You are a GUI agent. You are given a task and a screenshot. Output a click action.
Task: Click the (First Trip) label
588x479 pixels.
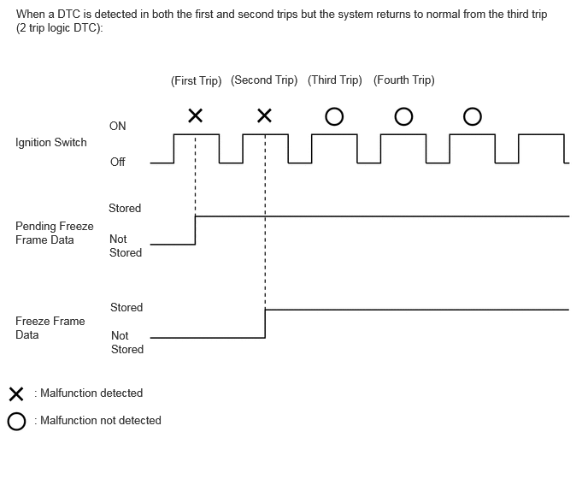196,80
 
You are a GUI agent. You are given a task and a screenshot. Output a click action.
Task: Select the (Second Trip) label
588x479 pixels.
264,80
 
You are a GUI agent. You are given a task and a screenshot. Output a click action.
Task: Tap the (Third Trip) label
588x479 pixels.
334,80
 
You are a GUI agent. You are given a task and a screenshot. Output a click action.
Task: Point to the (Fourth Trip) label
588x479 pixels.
404,80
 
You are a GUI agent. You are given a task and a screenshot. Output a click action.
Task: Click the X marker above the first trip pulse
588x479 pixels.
196,115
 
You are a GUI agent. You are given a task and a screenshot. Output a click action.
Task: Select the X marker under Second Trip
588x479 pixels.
264,115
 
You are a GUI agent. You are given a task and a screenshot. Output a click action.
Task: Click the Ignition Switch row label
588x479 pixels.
51,143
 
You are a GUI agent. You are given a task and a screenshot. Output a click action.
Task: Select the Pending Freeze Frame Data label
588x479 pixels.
55,233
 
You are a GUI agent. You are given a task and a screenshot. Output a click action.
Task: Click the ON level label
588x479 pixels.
117,126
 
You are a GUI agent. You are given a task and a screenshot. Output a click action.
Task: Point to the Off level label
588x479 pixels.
117,162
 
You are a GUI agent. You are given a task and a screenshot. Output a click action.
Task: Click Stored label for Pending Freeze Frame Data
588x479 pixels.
125,208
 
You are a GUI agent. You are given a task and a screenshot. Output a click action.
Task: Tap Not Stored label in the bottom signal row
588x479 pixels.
127,342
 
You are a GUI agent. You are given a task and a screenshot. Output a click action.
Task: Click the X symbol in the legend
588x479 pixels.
16,394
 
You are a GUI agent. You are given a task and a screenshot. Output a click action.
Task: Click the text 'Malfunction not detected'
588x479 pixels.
101,421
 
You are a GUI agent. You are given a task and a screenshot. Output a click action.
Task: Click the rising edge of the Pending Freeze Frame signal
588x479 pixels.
195,230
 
